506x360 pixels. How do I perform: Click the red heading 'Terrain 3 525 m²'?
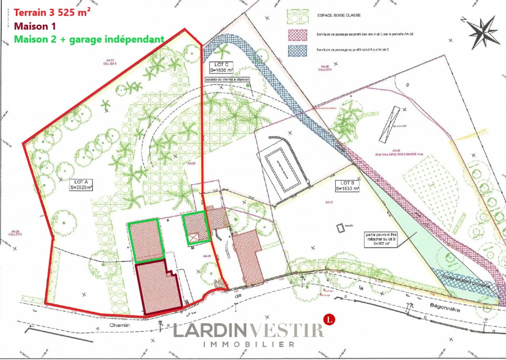pyautogui.click(x=52, y=13)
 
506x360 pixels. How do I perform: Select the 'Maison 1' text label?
pyautogui.click(x=35, y=26)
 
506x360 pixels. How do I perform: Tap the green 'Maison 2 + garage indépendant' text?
pyautogui.click(x=89, y=39)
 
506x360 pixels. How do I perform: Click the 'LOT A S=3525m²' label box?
pyautogui.click(x=81, y=185)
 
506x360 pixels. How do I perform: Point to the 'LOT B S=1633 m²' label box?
pyautogui.click(x=347, y=186)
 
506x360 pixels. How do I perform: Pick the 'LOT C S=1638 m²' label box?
pyautogui.click(x=221, y=67)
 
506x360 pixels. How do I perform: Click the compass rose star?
pyautogui.click(x=484, y=32)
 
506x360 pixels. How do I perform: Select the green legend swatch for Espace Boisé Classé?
pyautogui.click(x=297, y=17)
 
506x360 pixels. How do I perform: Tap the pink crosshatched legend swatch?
pyautogui.click(x=297, y=35)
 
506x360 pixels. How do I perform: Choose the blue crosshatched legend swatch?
pyautogui.click(x=297, y=50)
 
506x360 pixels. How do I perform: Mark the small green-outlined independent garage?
pyautogui.click(x=196, y=228)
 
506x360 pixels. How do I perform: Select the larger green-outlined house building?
pyautogui.click(x=146, y=239)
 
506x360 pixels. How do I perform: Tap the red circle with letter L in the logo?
pyautogui.click(x=329, y=319)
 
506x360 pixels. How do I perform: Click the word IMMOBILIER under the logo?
pyautogui.click(x=249, y=344)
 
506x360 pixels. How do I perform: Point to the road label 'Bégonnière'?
pyautogui.click(x=445, y=307)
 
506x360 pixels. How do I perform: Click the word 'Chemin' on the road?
pyautogui.click(x=120, y=325)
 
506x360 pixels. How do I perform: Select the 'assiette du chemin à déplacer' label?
pyautogui.click(x=227, y=80)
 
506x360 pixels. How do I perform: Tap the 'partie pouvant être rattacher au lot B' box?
pyautogui.click(x=381, y=239)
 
